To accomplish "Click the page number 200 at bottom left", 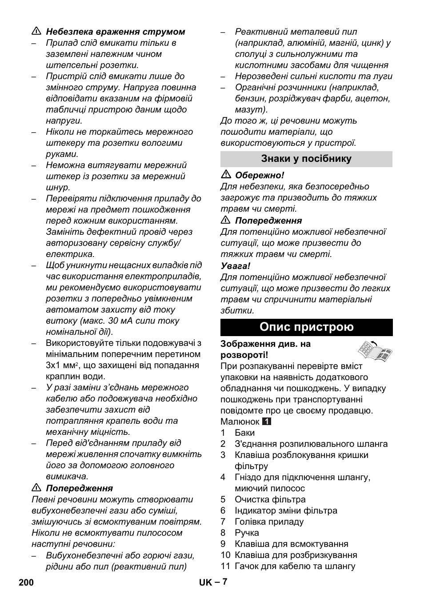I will coord(26,582).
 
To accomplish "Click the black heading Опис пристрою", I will coord(306,327).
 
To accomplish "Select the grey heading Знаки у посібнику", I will coord(306,159).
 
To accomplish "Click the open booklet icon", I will coord(375,350).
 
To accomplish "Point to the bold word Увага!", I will coord(236,266).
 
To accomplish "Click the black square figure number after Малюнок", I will coord(267,421).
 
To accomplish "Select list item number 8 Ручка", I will coord(247,533).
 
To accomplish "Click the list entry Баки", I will coord(244,433).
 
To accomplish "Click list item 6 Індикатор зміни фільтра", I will coord(286,510).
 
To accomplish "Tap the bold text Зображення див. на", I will coord(265,344).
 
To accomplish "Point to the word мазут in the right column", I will coord(250,109).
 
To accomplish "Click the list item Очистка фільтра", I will coord(270,499).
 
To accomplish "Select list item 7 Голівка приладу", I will coord(269,522).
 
